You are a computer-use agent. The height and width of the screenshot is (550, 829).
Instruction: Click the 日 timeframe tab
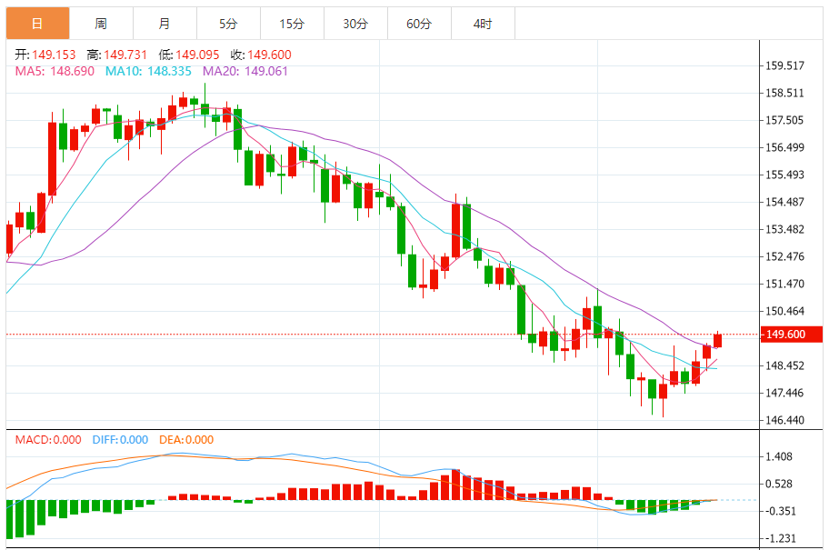point(36,24)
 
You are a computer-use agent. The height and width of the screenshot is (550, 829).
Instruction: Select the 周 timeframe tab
point(100,24)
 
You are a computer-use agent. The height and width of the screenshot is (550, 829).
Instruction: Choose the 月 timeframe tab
point(164,24)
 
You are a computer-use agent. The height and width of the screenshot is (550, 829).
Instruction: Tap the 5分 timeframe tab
point(228,24)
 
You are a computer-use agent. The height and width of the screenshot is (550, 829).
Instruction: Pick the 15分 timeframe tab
point(292,24)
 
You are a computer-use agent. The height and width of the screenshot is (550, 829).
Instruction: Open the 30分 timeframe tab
point(355,24)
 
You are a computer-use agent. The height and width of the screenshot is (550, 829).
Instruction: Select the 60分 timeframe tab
point(419,24)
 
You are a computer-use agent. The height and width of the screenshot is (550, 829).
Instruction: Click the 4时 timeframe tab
point(483,24)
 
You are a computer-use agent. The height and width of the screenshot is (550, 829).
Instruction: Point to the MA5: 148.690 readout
point(55,71)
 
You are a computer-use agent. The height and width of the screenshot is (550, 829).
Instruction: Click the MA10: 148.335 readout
point(148,71)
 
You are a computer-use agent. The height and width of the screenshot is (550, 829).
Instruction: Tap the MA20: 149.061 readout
point(245,71)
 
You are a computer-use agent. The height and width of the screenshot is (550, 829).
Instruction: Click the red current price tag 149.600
point(791,335)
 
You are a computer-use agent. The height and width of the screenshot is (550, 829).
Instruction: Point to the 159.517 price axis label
point(785,65)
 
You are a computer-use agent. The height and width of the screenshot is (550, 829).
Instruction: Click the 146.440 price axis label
point(785,420)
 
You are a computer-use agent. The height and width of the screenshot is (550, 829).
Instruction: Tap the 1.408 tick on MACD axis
point(780,456)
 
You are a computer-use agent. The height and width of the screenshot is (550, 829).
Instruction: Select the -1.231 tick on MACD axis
point(780,537)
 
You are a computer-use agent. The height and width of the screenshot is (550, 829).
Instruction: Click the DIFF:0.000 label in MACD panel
point(121,440)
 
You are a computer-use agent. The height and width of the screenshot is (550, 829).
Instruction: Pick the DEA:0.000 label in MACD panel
point(186,440)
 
